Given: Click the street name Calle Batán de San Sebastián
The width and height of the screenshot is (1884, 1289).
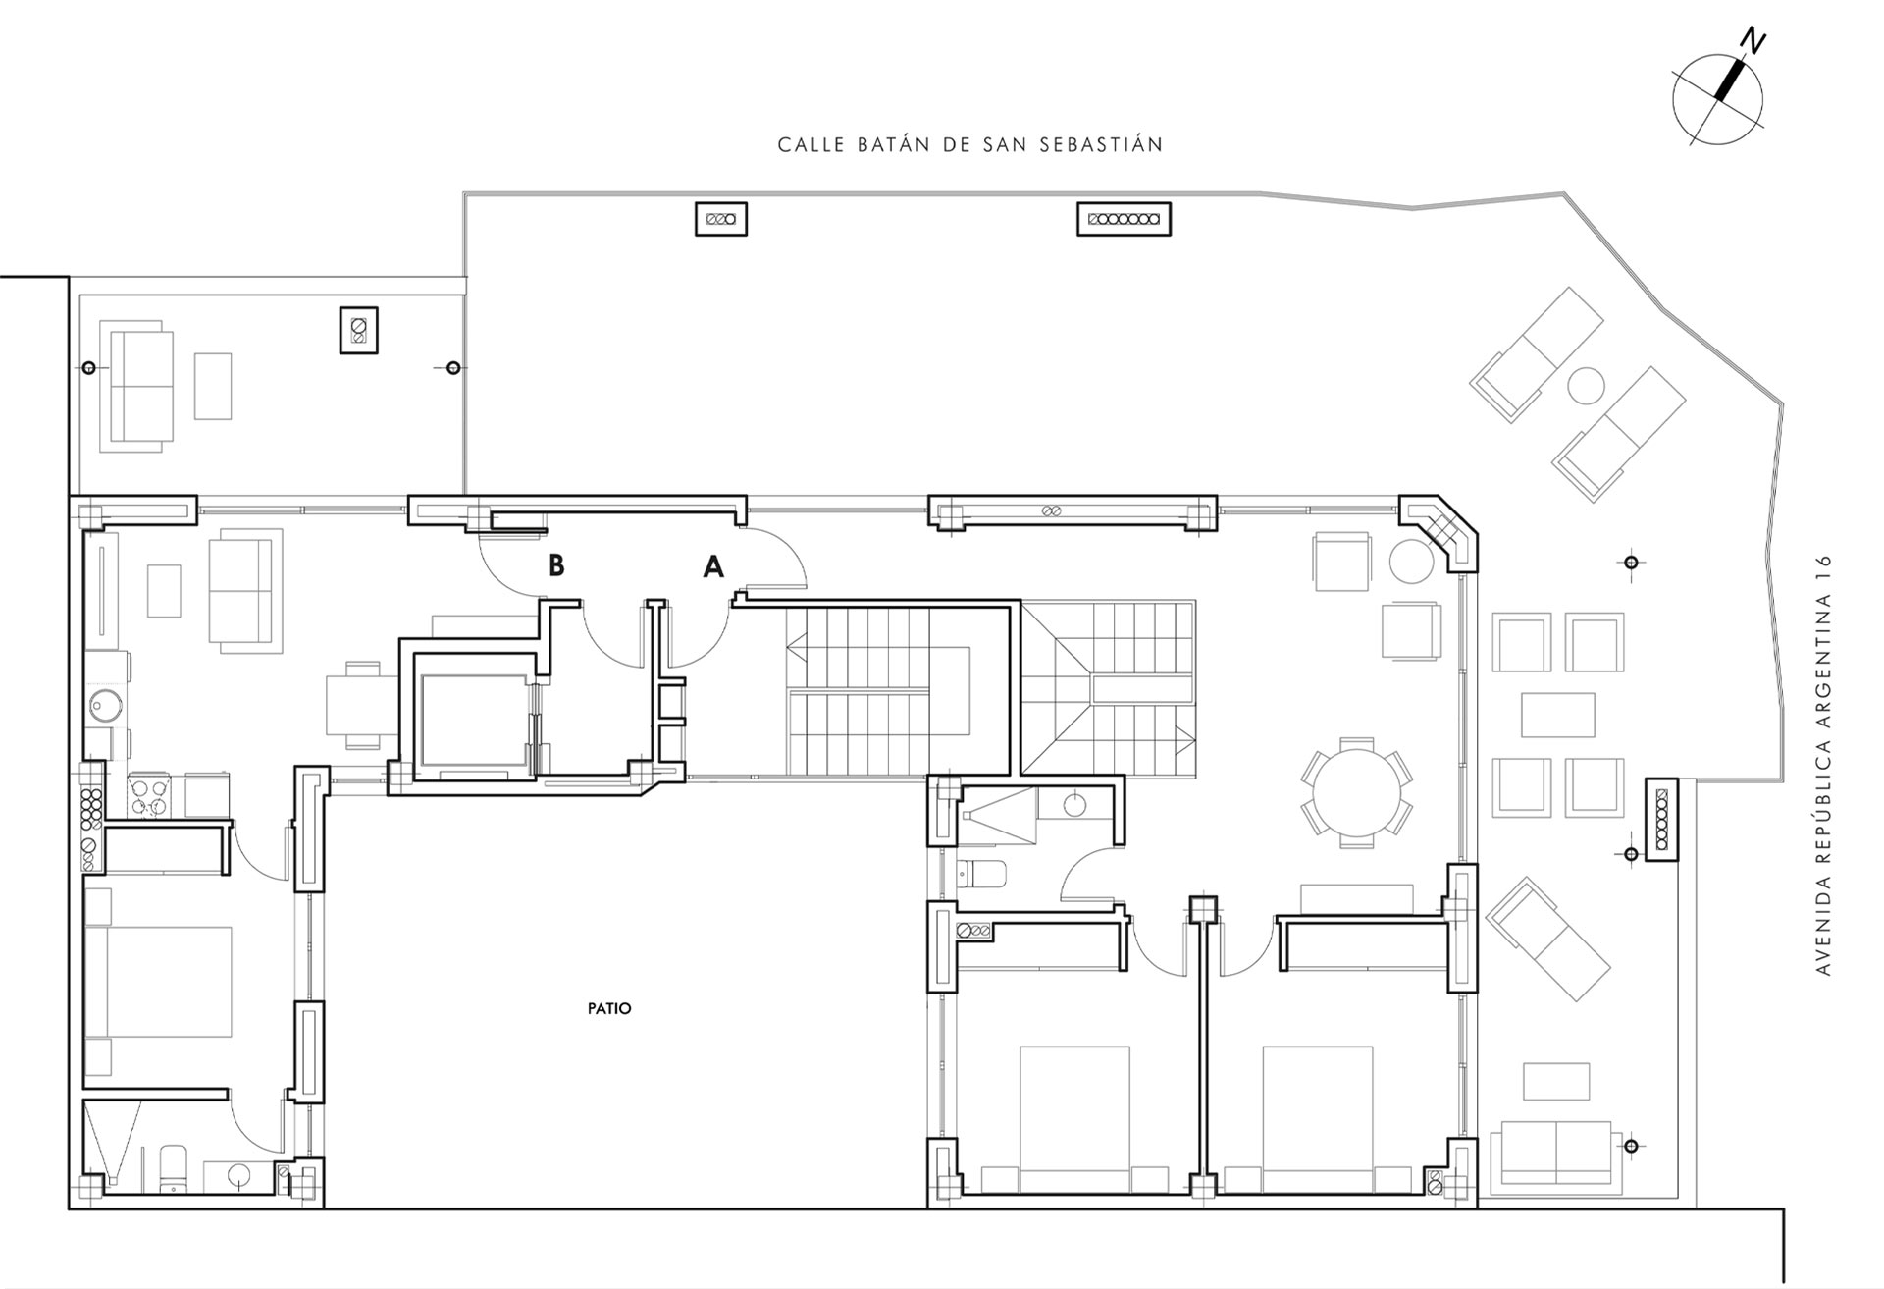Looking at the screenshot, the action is click(970, 145).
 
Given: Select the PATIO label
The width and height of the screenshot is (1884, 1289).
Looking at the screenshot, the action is click(609, 1008).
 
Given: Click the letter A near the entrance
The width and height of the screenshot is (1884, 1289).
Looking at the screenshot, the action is click(713, 566).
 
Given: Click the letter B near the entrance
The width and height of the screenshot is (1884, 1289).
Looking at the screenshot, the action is click(556, 565).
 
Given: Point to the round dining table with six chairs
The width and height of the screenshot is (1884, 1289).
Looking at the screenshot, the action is click(1358, 792).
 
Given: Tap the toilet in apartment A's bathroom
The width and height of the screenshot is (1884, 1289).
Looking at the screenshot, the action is click(982, 873).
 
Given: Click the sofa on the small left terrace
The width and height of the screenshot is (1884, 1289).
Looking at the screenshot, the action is click(136, 386).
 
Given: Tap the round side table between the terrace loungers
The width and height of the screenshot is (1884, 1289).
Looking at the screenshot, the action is click(1586, 386).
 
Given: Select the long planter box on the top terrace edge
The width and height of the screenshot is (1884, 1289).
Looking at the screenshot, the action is click(1124, 219).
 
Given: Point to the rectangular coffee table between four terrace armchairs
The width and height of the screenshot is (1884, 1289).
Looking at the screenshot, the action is click(1558, 715).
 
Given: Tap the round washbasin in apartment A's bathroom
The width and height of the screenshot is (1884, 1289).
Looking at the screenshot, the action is click(1075, 804).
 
